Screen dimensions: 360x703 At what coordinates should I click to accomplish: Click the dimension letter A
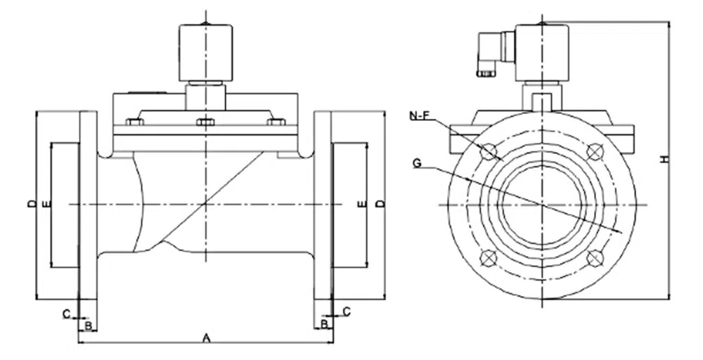coord(206,337)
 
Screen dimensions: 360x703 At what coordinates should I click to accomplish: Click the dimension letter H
coord(664,160)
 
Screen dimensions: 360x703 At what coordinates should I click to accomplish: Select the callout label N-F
coord(418,114)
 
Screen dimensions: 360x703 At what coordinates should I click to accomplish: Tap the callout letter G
coord(418,164)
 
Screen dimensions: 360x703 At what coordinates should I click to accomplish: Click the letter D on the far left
coord(31,204)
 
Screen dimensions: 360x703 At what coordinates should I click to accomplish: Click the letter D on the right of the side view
coord(380,204)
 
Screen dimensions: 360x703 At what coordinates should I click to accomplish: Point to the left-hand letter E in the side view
coord(46,204)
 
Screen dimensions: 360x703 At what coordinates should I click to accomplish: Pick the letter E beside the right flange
coord(362,204)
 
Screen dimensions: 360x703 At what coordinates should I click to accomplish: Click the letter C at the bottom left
coord(66,314)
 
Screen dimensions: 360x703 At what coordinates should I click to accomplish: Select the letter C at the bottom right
coord(346,310)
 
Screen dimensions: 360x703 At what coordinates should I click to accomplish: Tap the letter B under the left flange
coord(88,324)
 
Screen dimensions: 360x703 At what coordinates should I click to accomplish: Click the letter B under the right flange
coord(323,323)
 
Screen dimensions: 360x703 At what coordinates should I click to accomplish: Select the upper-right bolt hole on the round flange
coord(595,151)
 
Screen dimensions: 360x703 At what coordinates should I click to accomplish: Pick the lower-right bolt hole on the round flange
coord(595,257)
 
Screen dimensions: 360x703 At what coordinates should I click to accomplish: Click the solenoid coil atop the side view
coord(205,53)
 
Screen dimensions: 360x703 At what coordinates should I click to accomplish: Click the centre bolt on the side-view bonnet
coord(205,122)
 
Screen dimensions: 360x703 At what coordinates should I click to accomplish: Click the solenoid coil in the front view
coord(542,53)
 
